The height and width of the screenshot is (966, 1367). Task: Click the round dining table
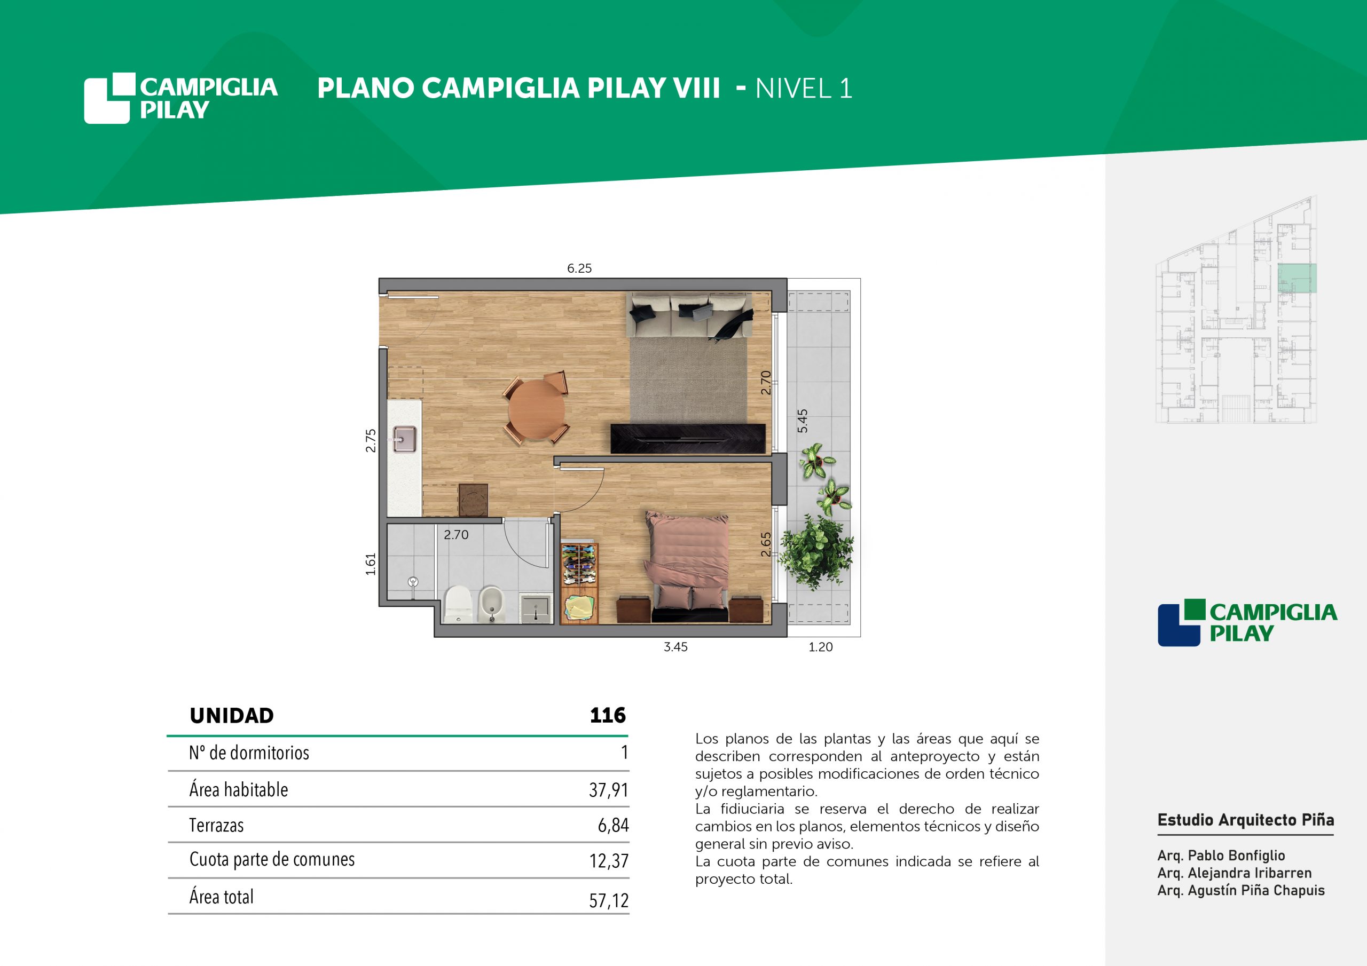[x=536, y=409]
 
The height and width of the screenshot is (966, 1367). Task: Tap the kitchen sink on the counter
[x=404, y=439]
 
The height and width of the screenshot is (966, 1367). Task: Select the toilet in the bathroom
[x=457, y=604]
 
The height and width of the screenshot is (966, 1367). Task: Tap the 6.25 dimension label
[x=579, y=268]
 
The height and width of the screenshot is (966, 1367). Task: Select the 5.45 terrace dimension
[x=803, y=421]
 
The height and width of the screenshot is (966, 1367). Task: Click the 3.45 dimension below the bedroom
[x=676, y=647]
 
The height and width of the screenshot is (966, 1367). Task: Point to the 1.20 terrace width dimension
[x=820, y=647]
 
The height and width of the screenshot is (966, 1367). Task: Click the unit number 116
[x=608, y=715]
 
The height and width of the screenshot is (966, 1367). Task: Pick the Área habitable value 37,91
[x=609, y=790]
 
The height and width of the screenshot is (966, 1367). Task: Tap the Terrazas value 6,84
[x=613, y=826]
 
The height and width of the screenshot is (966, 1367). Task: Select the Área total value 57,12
[x=609, y=900]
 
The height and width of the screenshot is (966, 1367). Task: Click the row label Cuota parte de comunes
[x=272, y=859]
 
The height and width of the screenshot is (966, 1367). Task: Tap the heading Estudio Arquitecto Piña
[x=1246, y=820]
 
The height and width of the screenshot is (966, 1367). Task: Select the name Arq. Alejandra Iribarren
[x=1234, y=873]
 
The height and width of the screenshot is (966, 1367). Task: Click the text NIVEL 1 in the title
[x=804, y=88]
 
